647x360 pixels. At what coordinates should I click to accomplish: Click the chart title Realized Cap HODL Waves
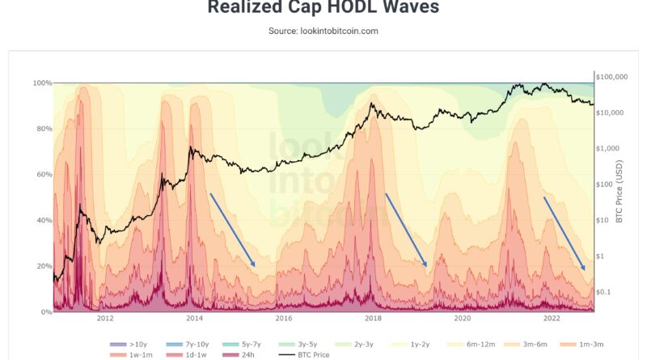tap(323, 8)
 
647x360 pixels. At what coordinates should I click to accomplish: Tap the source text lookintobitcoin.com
tap(323, 31)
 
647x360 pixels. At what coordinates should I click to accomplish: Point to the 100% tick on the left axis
tap(42, 83)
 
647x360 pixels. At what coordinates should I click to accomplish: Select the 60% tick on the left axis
tap(42, 175)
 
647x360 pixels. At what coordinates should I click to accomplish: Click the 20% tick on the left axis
tap(42, 266)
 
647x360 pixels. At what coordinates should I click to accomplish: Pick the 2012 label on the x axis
tap(104, 318)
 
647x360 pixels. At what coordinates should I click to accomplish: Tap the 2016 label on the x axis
tap(283, 318)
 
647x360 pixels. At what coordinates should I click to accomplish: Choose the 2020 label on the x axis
tap(462, 318)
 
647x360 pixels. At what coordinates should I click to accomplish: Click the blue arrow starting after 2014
tap(233, 230)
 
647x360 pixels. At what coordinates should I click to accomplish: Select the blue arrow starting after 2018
tap(406, 230)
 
